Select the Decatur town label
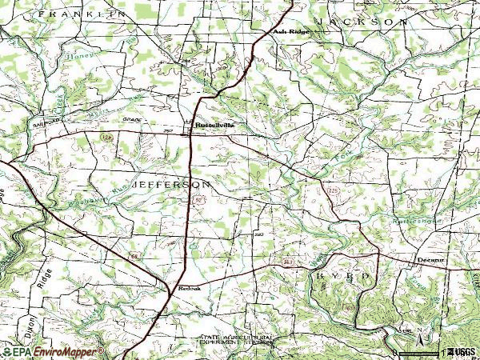pos(431,260)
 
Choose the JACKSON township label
pos(361,22)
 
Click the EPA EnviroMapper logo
pos(52,352)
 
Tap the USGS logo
pos(462,352)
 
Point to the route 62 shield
pos(194,206)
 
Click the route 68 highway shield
pos(135,256)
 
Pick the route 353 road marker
pos(287,262)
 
